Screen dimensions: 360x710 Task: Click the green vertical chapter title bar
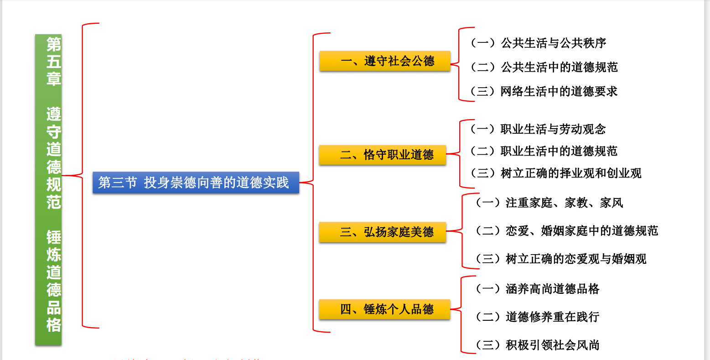click(48, 189)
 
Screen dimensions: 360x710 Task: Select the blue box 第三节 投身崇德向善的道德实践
click(196, 183)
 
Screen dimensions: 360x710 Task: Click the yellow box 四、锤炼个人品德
click(384, 309)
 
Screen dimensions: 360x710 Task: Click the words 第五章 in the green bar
click(53, 62)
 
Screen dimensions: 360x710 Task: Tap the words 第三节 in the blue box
click(117, 183)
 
